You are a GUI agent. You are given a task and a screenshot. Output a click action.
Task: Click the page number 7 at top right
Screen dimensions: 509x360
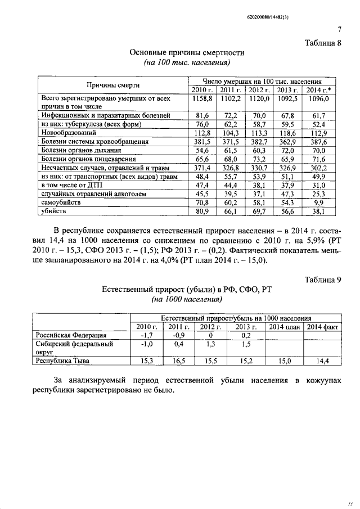340,30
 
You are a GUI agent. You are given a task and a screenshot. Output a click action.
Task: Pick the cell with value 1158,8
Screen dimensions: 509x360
201,98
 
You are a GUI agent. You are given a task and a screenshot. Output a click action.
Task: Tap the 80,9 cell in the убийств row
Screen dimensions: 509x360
201,211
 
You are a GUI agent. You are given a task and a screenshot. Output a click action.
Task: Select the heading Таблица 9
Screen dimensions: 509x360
323,280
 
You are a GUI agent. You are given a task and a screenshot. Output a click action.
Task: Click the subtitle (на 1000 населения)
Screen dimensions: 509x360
179,300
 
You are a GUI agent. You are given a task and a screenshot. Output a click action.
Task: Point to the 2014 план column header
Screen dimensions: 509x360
284,327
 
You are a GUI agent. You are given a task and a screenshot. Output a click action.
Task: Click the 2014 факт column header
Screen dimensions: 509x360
323,327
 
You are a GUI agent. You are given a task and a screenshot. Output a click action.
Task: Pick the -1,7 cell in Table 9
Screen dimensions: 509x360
146,336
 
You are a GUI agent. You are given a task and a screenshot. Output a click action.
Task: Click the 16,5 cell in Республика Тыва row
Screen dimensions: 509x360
178,361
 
